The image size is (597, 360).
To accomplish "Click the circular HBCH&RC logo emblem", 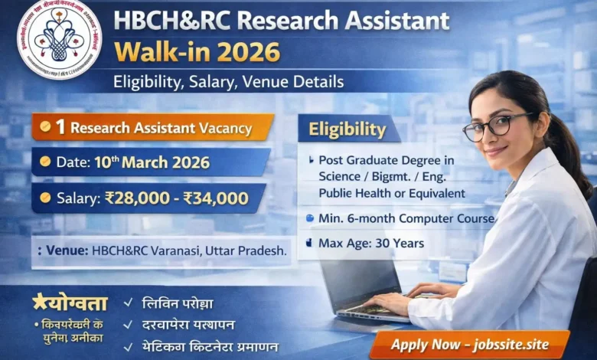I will pyautogui.click(x=59, y=38).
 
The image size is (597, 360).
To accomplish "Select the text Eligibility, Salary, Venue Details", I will pyautogui.click(x=228, y=81).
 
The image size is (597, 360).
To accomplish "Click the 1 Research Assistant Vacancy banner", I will pyautogui.click(x=152, y=128).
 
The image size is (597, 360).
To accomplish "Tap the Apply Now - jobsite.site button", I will pyautogui.click(x=469, y=344).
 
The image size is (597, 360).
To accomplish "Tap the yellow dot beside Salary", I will pyautogui.click(x=45, y=198).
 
